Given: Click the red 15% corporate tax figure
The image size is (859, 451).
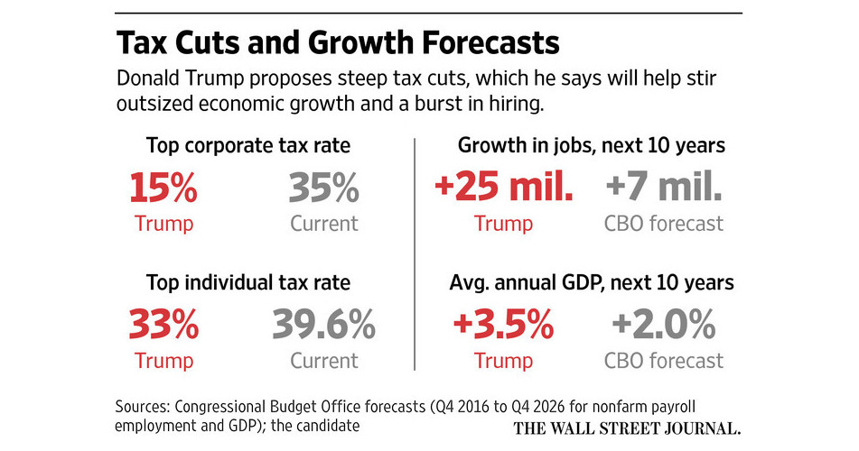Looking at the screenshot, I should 163,190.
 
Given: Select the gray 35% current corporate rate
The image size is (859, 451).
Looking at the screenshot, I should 324,190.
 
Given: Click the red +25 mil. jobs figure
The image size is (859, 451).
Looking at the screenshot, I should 504,190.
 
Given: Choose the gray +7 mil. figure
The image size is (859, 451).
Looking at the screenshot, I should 663,190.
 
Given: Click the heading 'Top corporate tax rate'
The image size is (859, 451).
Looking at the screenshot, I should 248,145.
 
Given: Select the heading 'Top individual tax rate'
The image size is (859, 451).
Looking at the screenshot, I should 248,282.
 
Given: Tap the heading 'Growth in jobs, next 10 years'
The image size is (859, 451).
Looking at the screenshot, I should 592,145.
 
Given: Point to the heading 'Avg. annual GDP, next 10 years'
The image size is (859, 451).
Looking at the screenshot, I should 592,282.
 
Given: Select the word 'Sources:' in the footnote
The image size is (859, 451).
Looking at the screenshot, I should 147,406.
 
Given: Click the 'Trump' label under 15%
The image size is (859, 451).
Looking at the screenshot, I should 163,223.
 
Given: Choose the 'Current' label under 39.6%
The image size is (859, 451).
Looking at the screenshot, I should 324,361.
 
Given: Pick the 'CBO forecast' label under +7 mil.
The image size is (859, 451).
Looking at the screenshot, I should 663,223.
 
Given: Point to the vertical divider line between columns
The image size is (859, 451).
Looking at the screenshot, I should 415,253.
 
